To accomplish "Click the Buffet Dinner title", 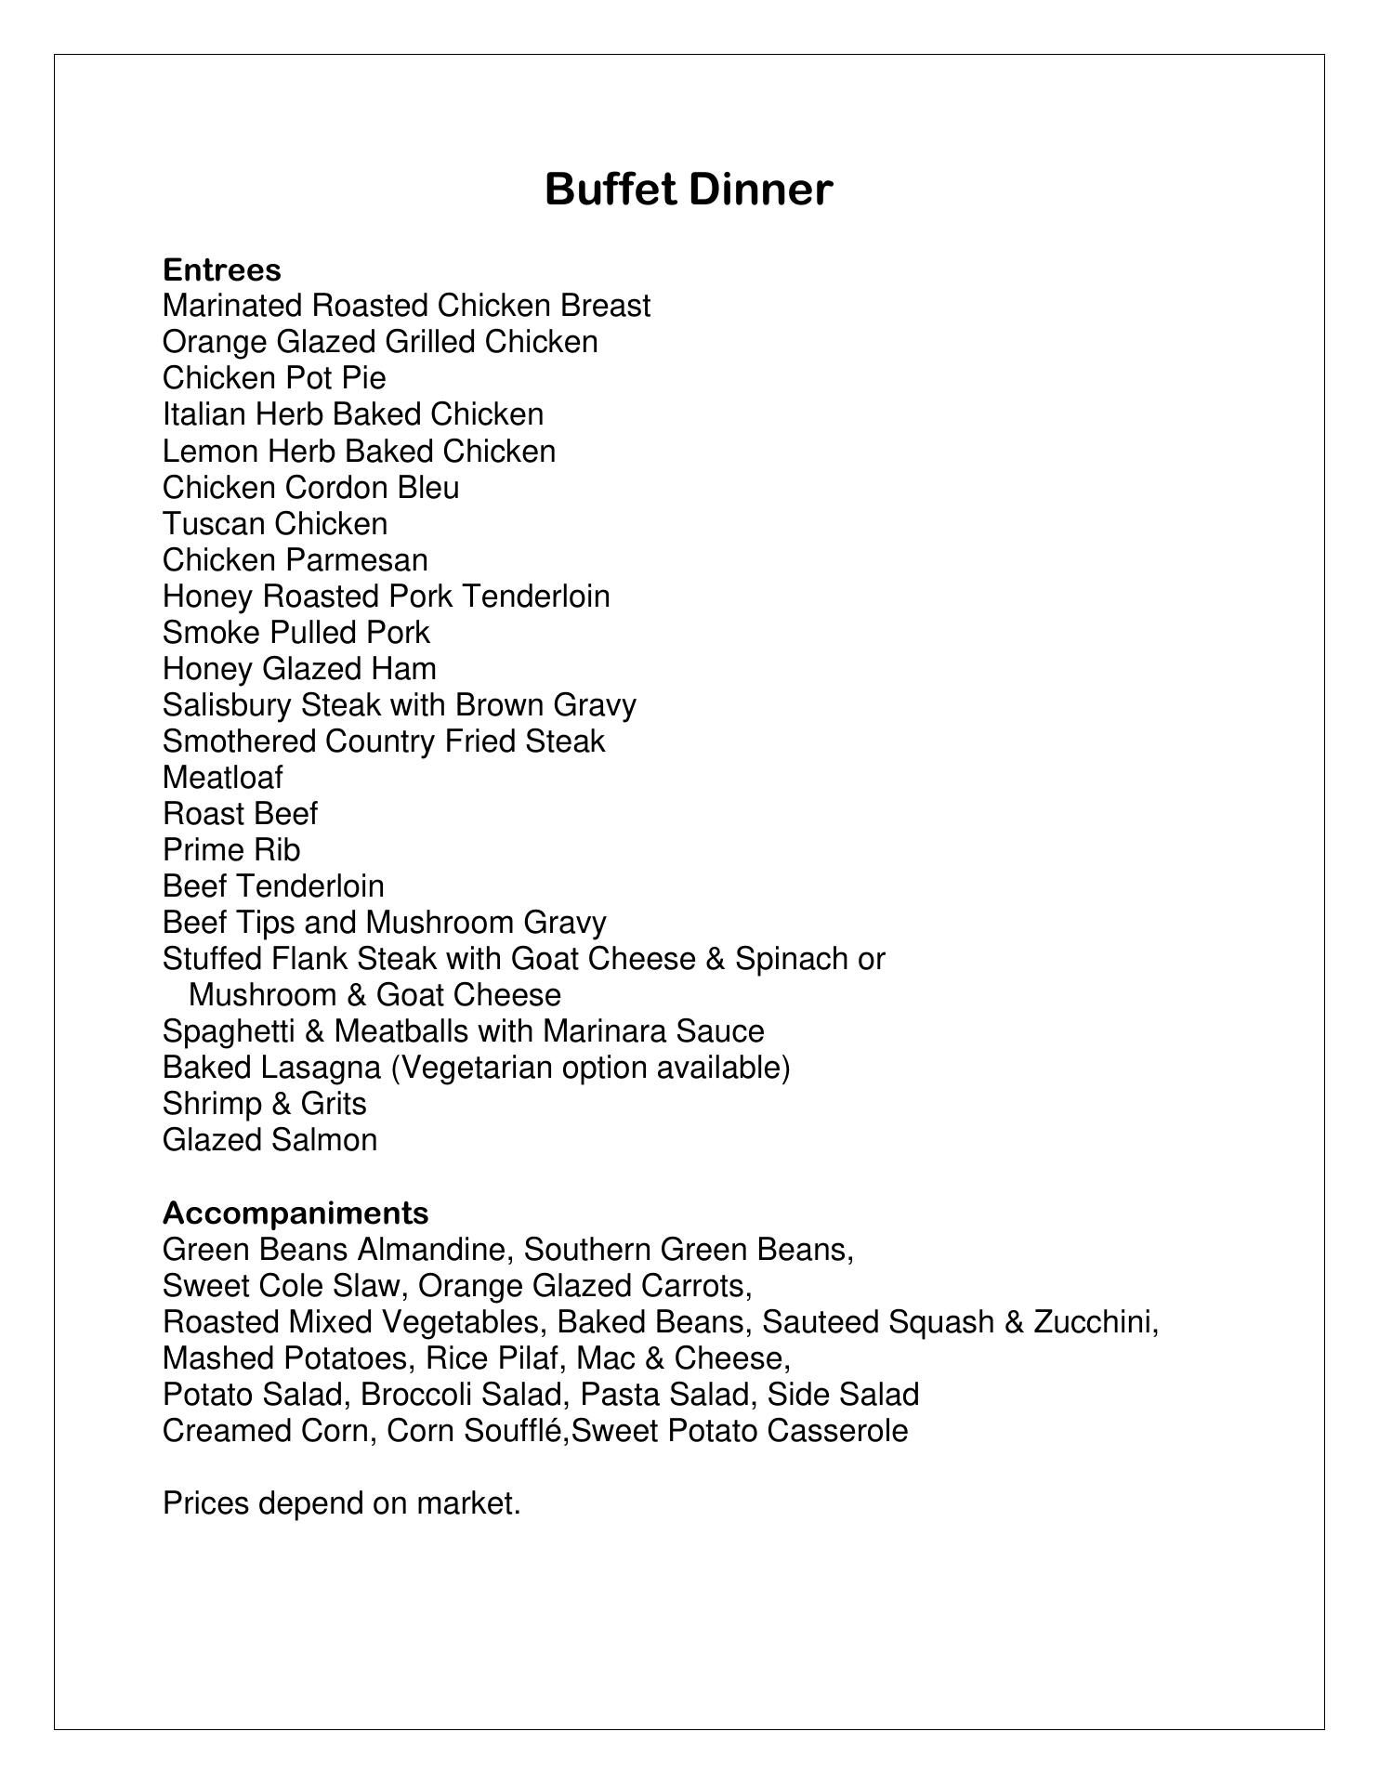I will tap(688, 190).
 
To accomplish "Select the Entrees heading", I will tap(221, 270).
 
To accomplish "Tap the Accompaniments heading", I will tap(295, 1213).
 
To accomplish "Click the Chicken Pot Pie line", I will tap(274, 378).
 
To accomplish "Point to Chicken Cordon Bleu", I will tap(310, 488).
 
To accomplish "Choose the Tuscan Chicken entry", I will tap(275, 524).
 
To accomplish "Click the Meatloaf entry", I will tap(223, 778).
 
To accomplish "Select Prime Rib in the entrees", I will tap(231, 850).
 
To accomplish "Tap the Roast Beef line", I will tap(240, 814).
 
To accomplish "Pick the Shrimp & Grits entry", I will tap(264, 1104).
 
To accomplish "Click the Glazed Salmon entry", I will tap(269, 1140).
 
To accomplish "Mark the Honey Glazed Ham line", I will tap(299, 669).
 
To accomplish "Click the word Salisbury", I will tap(227, 705).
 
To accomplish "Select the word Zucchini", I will tap(1096, 1322).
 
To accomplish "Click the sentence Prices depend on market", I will tap(341, 1503).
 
